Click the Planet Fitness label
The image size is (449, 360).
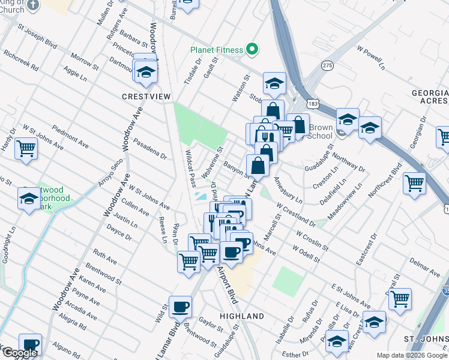216,50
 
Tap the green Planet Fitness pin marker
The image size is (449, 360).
252,50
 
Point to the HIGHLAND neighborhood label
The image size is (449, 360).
242,316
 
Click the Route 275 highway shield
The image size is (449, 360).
327,64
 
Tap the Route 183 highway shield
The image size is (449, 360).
313,103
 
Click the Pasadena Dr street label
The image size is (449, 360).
150,149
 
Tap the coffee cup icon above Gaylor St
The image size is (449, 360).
180,307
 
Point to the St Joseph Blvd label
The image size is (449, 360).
37,36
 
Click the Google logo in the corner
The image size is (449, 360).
20,353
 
